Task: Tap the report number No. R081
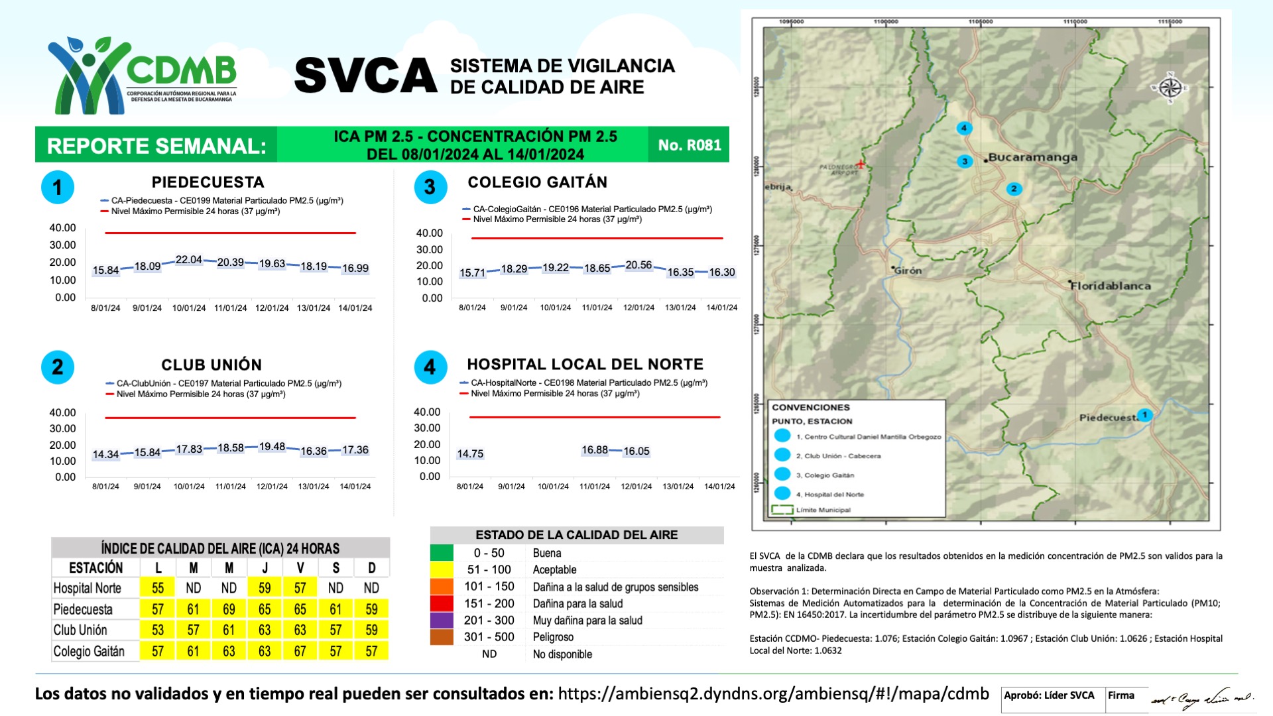coord(689,145)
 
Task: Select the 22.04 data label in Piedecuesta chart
coord(189,260)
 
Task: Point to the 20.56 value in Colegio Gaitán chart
coord(638,265)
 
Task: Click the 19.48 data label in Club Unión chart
coord(272,447)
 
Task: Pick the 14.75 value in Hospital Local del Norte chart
coord(470,454)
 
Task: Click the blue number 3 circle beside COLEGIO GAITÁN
coord(430,187)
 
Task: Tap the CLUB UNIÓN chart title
coord(212,365)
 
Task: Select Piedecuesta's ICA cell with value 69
coord(229,609)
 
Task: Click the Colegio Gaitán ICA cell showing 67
coord(300,651)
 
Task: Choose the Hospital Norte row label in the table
coord(88,588)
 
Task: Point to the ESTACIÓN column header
coord(96,568)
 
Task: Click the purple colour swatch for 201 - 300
coord(442,621)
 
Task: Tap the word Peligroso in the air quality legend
coord(553,637)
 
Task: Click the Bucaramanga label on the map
coord(1032,158)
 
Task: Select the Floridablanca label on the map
coord(1111,286)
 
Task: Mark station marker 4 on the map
coord(964,128)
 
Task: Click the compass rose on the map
coord(1170,88)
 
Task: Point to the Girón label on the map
coord(908,270)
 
